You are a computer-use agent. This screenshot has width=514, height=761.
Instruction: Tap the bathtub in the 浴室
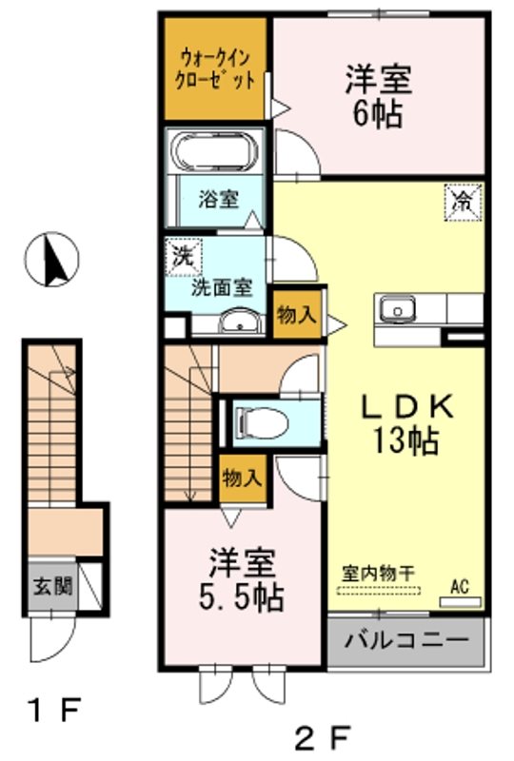click(216, 152)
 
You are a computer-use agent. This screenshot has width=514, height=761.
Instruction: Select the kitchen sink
click(397, 309)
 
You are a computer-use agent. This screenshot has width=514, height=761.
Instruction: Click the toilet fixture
click(259, 420)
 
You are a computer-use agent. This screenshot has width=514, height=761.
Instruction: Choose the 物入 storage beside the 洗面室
click(296, 315)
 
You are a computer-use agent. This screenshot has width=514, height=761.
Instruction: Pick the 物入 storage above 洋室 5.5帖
click(241, 478)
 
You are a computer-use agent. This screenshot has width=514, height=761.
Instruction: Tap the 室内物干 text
click(381, 576)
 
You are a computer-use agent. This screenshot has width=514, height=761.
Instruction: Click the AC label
click(461, 586)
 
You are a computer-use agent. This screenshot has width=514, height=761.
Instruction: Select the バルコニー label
click(406, 643)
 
